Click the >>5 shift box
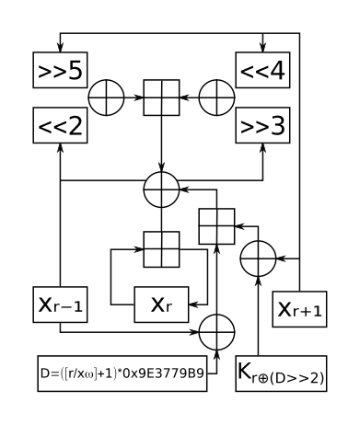(x=61, y=70)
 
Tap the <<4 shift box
(x=264, y=70)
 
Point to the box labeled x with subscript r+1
(x=299, y=310)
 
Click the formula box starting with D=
(x=122, y=374)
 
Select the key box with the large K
(x=282, y=373)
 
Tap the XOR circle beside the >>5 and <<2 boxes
(x=107, y=98)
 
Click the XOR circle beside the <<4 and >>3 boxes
(x=218, y=98)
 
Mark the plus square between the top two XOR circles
(x=162, y=98)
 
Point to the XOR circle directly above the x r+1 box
(x=258, y=258)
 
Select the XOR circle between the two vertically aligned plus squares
(x=162, y=190)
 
